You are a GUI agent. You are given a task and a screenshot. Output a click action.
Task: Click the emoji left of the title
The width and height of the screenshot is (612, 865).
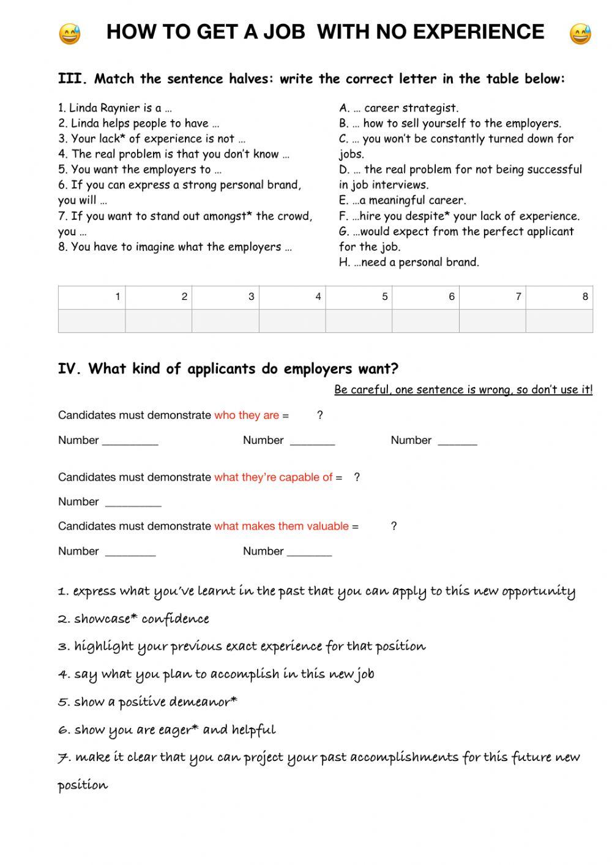pos(69,34)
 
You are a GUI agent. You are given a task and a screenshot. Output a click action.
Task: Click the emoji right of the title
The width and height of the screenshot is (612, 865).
pos(580,34)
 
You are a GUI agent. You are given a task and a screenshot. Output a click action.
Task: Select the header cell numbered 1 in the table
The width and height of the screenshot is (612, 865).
pos(92,297)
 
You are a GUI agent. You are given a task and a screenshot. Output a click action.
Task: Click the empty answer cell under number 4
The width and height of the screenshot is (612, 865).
pos(292,321)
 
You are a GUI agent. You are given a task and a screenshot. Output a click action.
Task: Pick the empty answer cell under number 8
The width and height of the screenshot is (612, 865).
pos(559,321)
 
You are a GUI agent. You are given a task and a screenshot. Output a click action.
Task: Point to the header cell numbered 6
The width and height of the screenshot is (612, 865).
pos(425,297)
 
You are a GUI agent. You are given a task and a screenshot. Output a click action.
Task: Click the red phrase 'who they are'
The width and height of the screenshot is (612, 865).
pos(246,415)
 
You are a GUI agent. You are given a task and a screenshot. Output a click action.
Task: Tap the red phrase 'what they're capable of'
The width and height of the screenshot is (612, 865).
pos(273,477)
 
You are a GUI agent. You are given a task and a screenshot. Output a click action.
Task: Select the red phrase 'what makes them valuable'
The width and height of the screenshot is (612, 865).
pos(281,526)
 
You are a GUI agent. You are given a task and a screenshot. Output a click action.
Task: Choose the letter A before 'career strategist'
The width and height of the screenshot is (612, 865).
pos(343,108)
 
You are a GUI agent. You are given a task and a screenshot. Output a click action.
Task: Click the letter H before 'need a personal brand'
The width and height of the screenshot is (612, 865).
pos(344,263)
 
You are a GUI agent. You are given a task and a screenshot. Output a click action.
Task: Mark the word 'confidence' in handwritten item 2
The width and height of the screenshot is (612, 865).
pos(175,619)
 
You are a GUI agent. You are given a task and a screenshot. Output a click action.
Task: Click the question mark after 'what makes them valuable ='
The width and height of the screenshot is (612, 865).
pos(394,526)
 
